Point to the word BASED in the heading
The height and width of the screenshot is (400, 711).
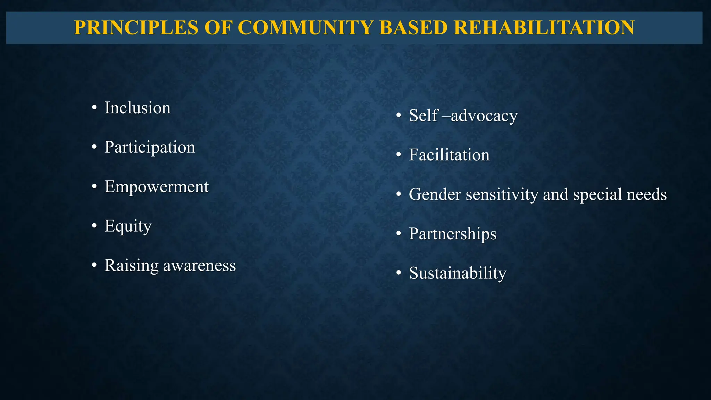413,28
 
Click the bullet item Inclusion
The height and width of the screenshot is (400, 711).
137,108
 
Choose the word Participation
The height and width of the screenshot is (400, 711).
150,147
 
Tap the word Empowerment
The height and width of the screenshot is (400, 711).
157,187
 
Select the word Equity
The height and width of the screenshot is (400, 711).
128,226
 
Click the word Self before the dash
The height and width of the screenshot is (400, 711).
424,116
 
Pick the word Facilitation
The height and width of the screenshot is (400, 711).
449,155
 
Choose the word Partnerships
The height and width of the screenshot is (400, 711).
452,234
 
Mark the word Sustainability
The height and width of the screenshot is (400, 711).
458,273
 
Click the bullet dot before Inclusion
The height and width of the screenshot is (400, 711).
94,108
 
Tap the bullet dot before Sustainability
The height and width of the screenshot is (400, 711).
399,273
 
